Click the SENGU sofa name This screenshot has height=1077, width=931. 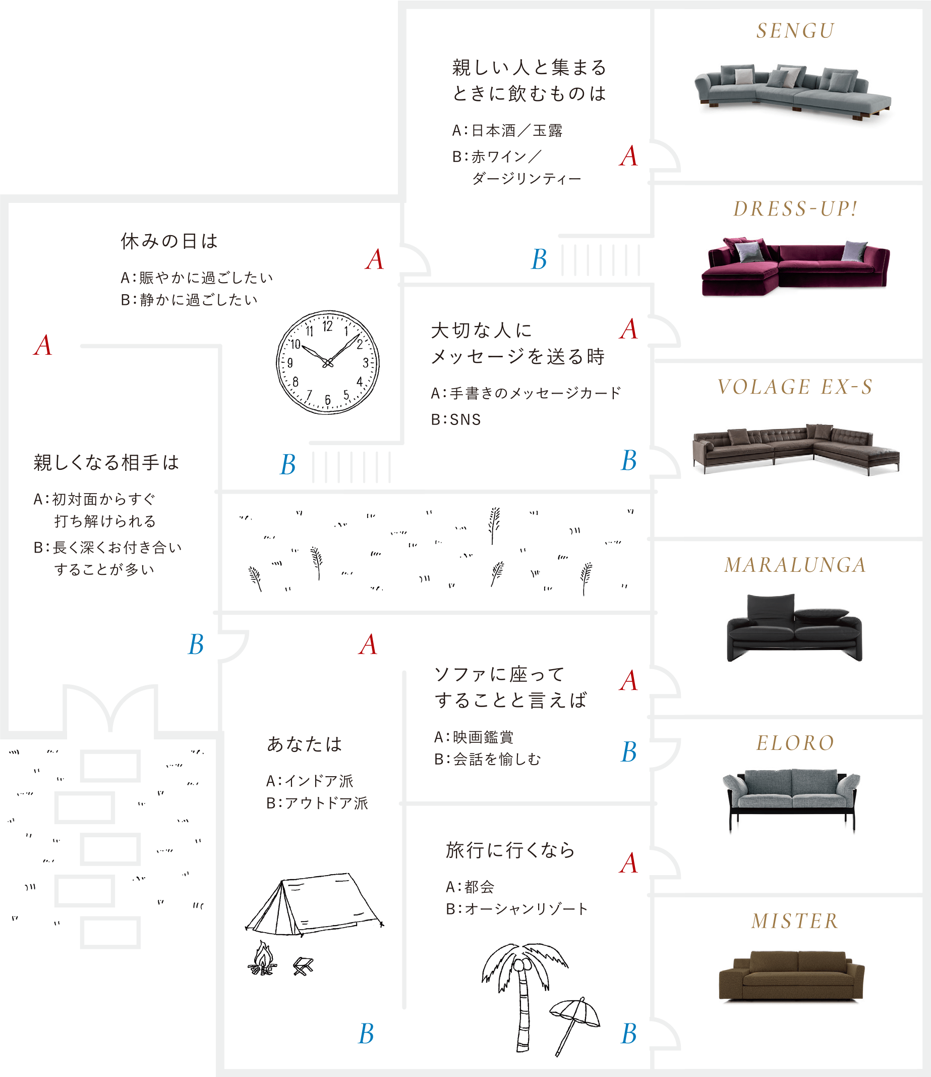795,31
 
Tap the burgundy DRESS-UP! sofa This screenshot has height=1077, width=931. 795,266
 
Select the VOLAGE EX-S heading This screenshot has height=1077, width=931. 795,387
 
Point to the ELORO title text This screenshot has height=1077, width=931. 795,743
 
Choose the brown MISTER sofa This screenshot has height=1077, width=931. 791,976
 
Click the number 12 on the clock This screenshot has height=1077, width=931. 327,326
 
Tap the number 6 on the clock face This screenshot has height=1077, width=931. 327,400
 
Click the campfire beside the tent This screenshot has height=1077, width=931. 262,958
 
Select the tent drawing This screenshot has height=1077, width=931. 315,904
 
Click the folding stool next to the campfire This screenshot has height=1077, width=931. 304,966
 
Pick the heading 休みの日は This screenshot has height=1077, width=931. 169,241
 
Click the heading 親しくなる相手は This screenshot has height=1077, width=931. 106,462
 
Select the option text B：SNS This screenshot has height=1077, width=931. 456,419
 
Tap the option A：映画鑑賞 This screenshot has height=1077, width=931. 474,737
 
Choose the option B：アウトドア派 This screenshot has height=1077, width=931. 317,803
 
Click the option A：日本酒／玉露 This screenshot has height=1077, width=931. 507,131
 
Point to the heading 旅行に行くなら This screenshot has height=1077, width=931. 510,850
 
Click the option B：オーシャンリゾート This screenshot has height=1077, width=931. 517,908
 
